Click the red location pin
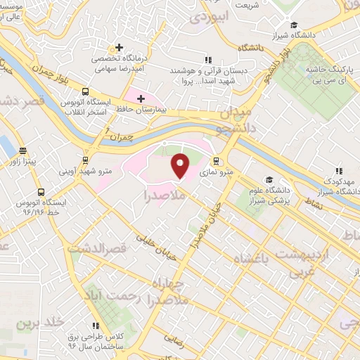click(181, 166)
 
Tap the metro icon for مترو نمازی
click(217, 159)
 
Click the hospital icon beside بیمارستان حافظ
click(141, 98)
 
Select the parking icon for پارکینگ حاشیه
click(328, 60)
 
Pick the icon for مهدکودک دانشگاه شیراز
click(338, 171)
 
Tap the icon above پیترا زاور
click(22, 150)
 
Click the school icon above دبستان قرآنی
click(207, 60)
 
